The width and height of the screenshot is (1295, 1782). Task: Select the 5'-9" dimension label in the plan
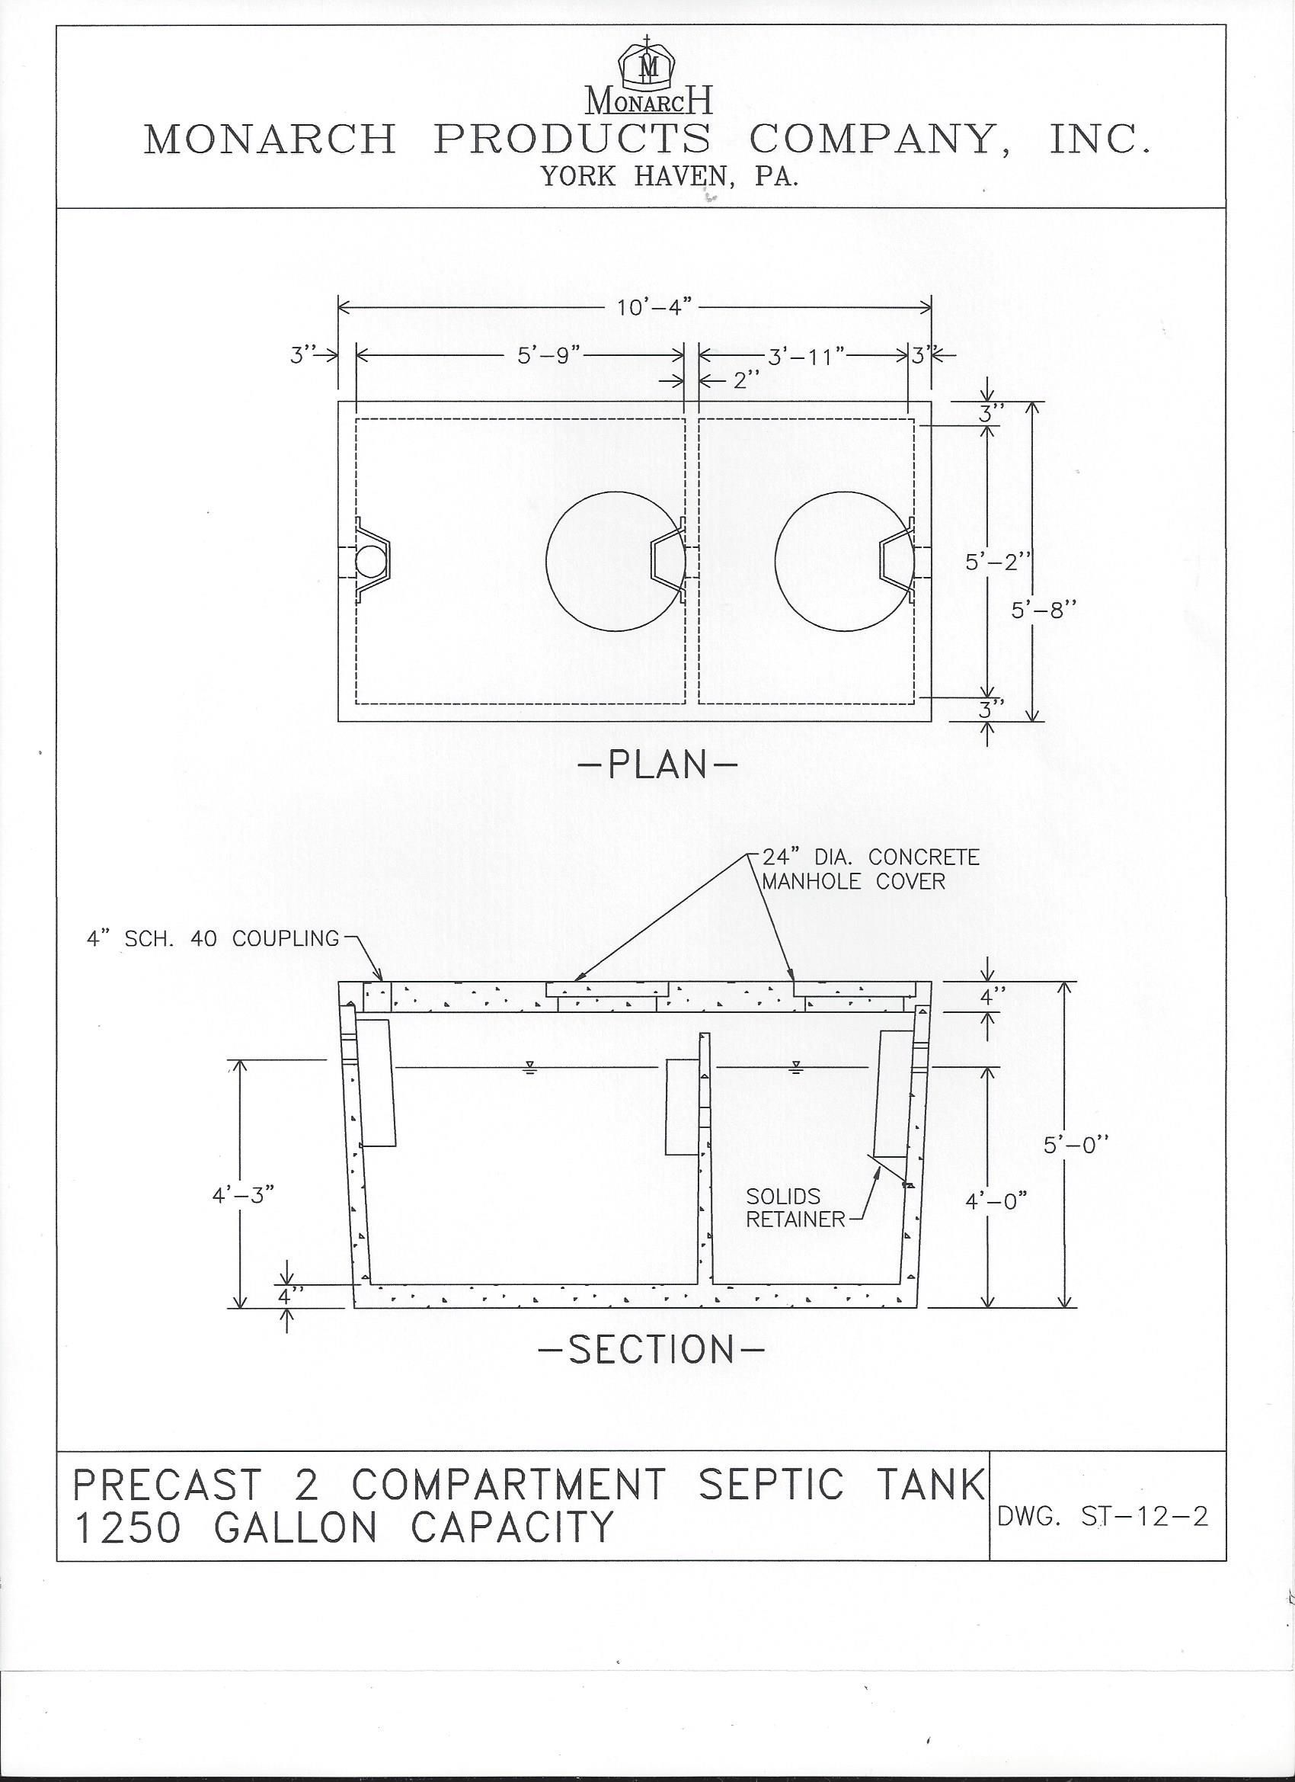548,356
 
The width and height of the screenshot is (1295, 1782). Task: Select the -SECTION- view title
651,1350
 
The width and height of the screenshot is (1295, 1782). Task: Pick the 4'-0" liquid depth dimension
996,1202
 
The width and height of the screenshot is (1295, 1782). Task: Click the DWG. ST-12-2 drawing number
1102,1517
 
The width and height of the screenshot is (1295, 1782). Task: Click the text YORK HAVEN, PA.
669,176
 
